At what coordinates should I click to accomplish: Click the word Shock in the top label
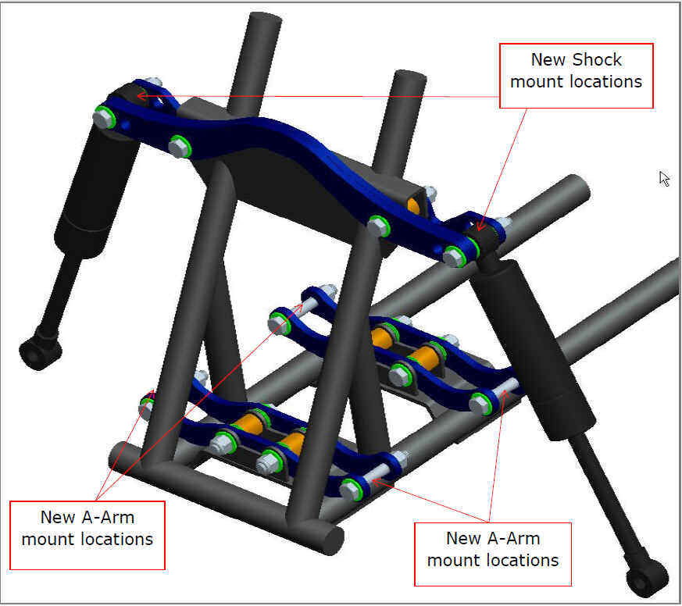(x=597, y=60)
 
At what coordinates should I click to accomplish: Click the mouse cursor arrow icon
(x=664, y=179)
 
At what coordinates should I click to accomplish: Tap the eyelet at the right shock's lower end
(x=646, y=582)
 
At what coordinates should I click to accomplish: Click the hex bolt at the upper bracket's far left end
(x=104, y=118)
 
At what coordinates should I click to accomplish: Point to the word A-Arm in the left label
(x=109, y=517)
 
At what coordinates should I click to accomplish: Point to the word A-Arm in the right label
(x=515, y=538)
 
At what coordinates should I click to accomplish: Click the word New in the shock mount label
(x=549, y=60)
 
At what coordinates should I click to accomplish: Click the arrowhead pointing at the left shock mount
(x=142, y=95)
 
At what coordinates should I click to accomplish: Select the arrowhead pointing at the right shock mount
(x=480, y=226)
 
